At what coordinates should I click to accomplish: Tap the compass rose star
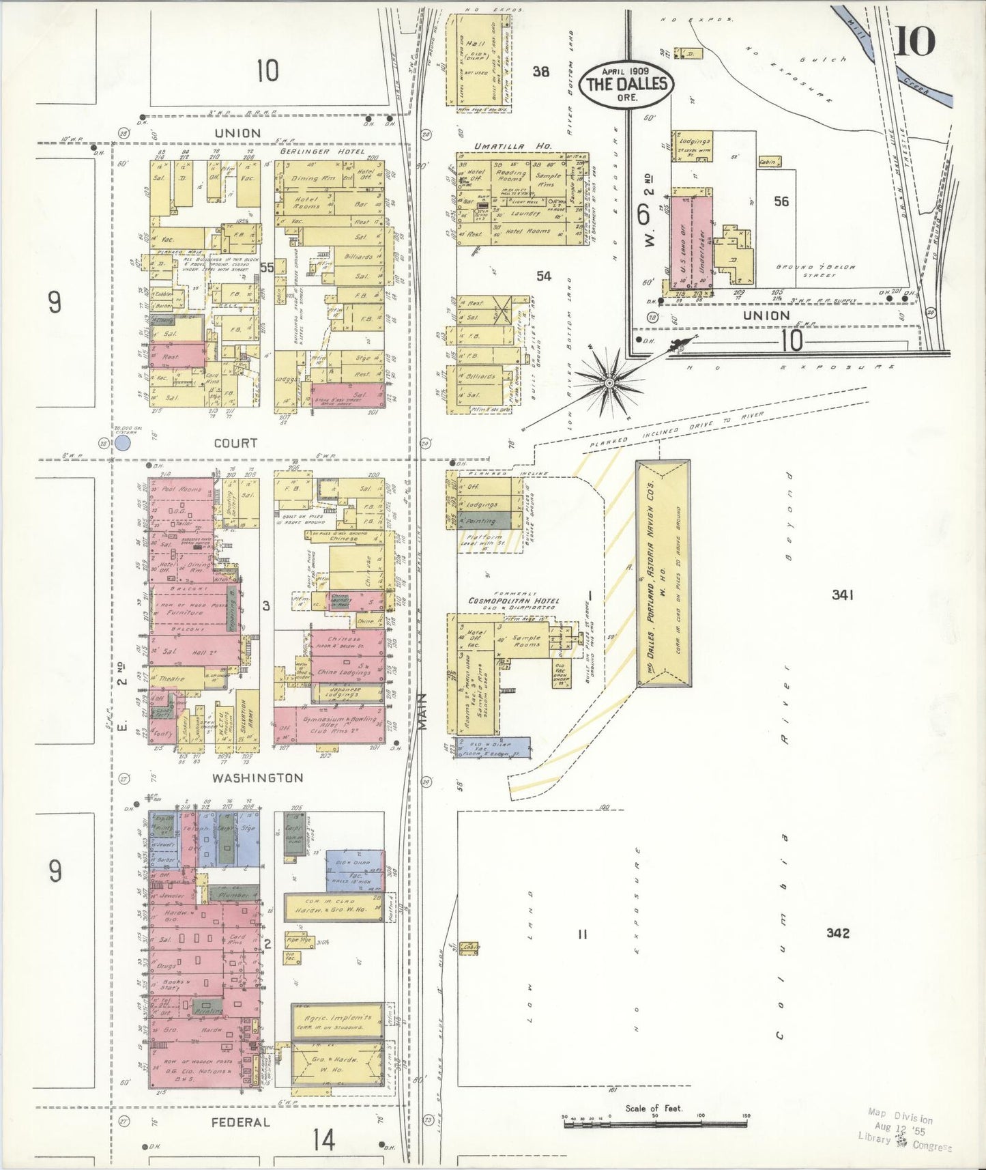click(609, 383)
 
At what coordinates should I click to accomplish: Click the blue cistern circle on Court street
click(123, 444)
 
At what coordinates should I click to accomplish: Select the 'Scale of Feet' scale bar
click(654, 1121)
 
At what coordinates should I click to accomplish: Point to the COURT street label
click(235, 443)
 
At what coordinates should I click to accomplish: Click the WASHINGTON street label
click(248, 777)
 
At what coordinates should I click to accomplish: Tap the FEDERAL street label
click(240, 1122)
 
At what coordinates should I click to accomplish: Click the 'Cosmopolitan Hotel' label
click(513, 601)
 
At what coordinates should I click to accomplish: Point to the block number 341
click(842, 595)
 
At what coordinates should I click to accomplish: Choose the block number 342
click(837, 933)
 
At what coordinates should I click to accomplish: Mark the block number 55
click(267, 268)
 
